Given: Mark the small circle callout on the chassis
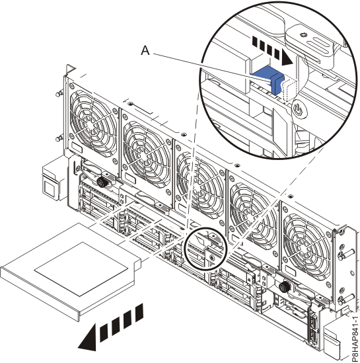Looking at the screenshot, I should point(205,250).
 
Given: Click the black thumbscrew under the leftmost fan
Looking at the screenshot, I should point(103,181).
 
